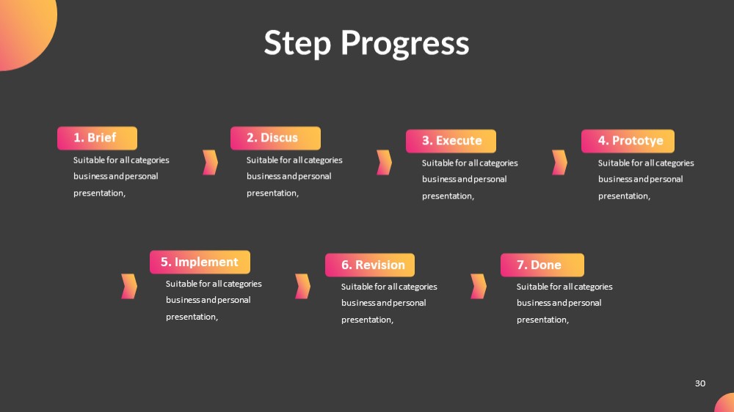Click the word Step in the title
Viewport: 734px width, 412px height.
coord(297,43)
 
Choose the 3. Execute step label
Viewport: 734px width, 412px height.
coord(451,141)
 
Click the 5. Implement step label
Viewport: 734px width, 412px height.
coord(200,262)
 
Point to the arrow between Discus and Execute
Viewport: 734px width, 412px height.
coord(385,162)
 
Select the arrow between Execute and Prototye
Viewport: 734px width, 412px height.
coord(560,162)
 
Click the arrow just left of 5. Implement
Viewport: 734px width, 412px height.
coord(130,286)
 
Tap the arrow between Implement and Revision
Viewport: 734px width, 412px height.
coord(304,286)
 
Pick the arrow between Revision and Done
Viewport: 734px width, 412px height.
coord(479,286)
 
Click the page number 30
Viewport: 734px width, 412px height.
coord(700,383)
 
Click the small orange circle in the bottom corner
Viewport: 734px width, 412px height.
coord(727,405)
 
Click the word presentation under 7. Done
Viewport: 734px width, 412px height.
coord(542,320)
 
